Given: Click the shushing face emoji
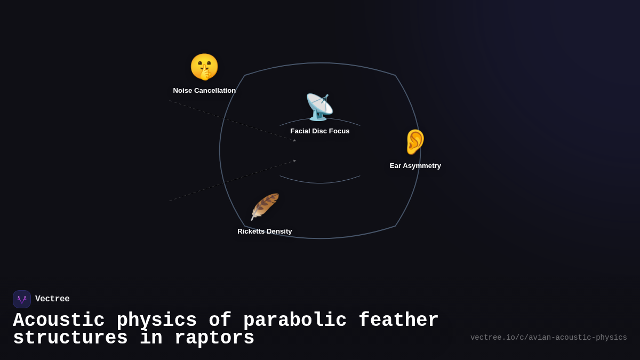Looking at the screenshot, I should point(204,67).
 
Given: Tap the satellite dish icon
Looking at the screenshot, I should point(319,107).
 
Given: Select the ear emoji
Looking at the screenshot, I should point(415,142).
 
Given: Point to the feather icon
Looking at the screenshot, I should point(265,207).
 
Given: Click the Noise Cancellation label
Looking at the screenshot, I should point(204,91).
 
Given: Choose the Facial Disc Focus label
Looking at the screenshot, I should point(320,131).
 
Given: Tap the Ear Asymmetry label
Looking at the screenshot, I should point(415,166).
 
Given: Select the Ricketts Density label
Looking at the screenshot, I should point(265,231).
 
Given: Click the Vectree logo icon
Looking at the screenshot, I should point(22,299).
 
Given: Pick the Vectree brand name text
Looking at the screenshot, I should point(52,299).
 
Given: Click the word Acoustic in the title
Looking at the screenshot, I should point(59,321).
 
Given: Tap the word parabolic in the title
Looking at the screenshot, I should point(295,321).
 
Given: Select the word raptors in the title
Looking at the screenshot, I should point(214,338).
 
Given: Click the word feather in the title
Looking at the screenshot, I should point(398,321).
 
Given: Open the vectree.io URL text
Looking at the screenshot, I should point(548,338).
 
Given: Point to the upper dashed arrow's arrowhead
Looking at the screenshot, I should point(294,140).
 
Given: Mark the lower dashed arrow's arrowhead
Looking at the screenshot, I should point(294,161).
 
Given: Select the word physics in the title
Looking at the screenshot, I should point(157,321).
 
